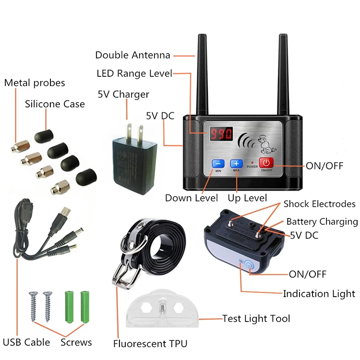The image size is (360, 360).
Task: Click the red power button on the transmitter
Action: pyautogui.click(x=266, y=162)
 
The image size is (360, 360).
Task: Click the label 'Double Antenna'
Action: pyautogui.click(x=132, y=55)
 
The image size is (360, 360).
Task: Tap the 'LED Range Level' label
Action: pyautogui.click(x=134, y=73)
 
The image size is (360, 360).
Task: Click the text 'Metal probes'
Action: pyautogui.click(x=35, y=83)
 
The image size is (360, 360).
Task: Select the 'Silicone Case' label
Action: pyautogui.click(x=55, y=104)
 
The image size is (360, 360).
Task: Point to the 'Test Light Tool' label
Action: pyautogui.click(x=256, y=318)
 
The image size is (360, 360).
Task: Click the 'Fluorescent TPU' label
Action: pyautogui.click(x=150, y=343)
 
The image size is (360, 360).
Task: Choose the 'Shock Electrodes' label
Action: pyautogui.click(x=319, y=204)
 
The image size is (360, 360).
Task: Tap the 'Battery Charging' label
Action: pyautogui.click(x=322, y=221)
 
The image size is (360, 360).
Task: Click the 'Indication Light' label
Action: pyautogui.click(x=319, y=294)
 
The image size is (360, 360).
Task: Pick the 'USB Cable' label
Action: pyautogui.click(x=26, y=342)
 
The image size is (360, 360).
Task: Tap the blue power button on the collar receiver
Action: pyautogui.click(x=248, y=264)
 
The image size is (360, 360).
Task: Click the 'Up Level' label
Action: pyautogui.click(x=248, y=198)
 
